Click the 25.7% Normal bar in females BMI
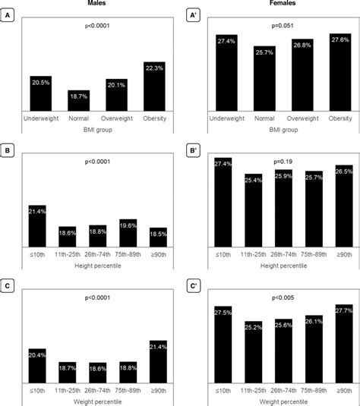coord(264,80)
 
